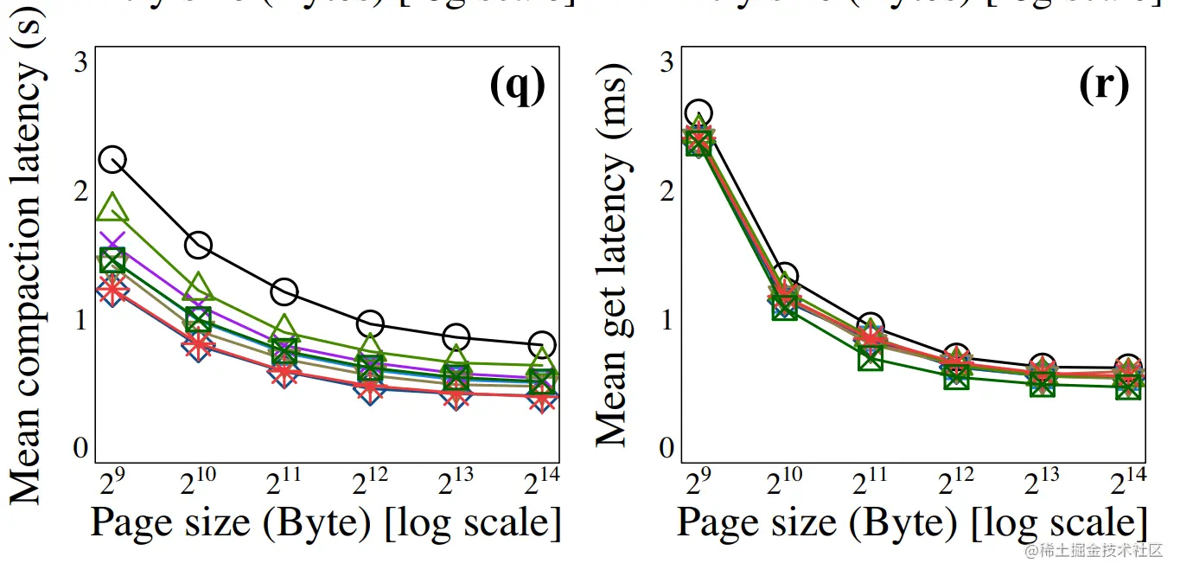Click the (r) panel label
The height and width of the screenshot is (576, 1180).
pyautogui.click(x=1104, y=86)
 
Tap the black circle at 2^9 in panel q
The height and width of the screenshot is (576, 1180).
pyautogui.click(x=112, y=159)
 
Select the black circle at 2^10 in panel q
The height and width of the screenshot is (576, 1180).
pyautogui.click(x=198, y=245)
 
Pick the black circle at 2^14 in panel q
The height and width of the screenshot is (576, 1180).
pyautogui.click(x=542, y=344)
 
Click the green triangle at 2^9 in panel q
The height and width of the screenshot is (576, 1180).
pyautogui.click(x=112, y=208)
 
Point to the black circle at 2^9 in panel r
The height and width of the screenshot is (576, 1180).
pyautogui.click(x=698, y=112)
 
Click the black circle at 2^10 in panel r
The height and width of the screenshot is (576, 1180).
pyautogui.click(x=784, y=277)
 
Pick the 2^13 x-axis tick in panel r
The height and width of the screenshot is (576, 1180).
pyautogui.click(x=1042, y=481)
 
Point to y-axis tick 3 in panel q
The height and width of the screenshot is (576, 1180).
pyautogui.click(x=80, y=62)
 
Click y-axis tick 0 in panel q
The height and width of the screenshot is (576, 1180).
pyautogui.click(x=80, y=448)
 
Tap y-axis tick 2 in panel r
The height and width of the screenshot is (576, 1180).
pyautogui.click(x=666, y=191)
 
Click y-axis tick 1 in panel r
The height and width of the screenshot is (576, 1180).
pyautogui.click(x=666, y=320)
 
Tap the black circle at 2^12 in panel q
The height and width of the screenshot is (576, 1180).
pyautogui.click(x=370, y=323)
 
